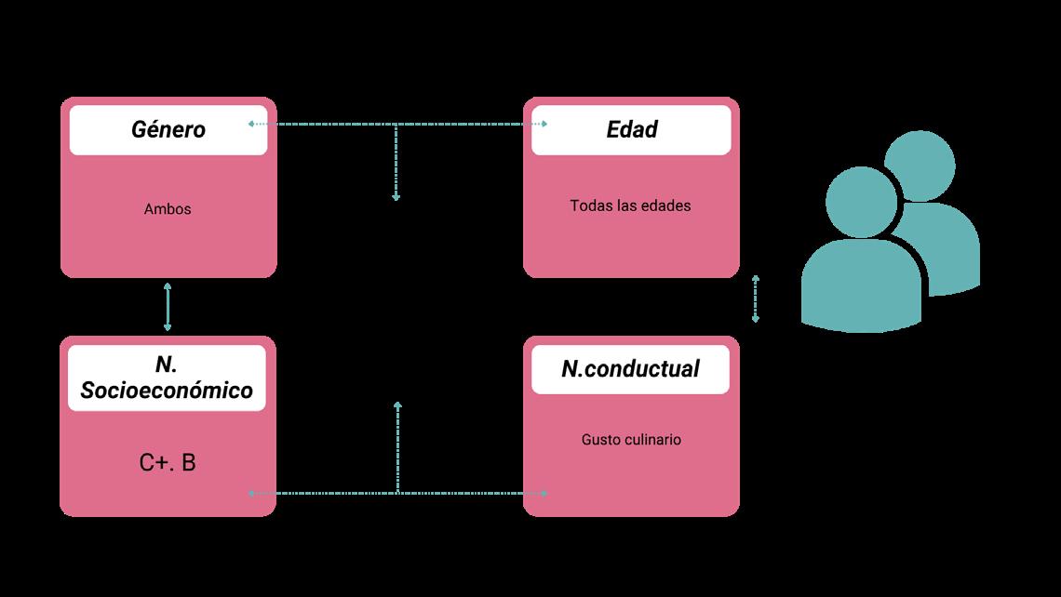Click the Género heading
[x=168, y=129]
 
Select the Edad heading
[x=632, y=129]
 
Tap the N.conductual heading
[x=630, y=368]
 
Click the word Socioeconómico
[x=167, y=391]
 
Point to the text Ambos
[x=168, y=209]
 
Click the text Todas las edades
[x=630, y=206]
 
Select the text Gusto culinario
[x=630, y=439]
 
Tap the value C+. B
[x=168, y=462]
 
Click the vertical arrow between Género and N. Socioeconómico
[x=168, y=307]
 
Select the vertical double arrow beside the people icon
[x=756, y=298]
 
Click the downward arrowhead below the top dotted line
[x=396, y=197]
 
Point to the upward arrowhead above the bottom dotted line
[x=397, y=405]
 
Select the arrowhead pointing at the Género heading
[x=251, y=124]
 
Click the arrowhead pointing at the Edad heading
[x=544, y=124]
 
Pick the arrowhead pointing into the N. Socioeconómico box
[x=251, y=493]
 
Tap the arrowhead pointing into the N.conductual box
[x=544, y=493]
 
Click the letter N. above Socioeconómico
[x=168, y=365]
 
